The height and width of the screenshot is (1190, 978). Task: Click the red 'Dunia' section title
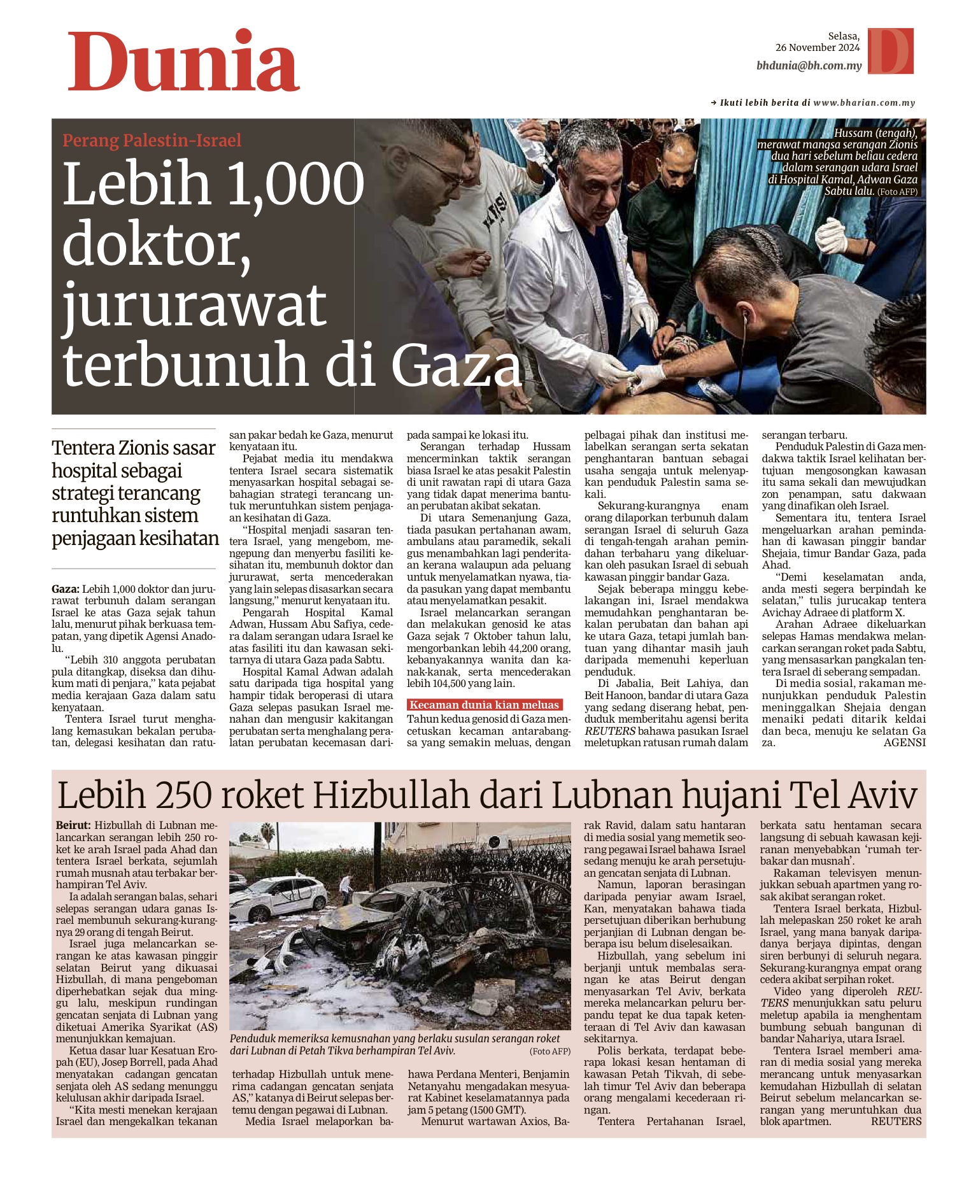pyautogui.click(x=183, y=62)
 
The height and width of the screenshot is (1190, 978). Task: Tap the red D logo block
pyautogui.click(x=890, y=51)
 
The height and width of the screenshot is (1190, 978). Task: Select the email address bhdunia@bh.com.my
pyautogui.click(x=809, y=66)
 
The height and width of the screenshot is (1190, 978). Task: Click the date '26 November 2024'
pyautogui.click(x=817, y=48)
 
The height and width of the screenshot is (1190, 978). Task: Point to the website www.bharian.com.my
pyautogui.click(x=864, y=103)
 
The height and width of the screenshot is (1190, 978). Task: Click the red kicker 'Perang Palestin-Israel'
pyautogui.click(x=152, y=140)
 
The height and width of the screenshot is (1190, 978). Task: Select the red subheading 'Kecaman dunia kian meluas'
pyautogui.click(x=484, y=705)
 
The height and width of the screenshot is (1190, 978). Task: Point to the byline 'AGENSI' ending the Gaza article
pyautogui.click(x=904, y=742)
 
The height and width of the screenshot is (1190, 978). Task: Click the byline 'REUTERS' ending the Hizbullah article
pyautogui.click(x=896, y=1121)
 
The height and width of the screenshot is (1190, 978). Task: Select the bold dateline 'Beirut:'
pyautogui.click(x=73, y=826)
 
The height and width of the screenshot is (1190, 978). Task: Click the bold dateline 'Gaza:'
pyautogui.click(x=66, y=589)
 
